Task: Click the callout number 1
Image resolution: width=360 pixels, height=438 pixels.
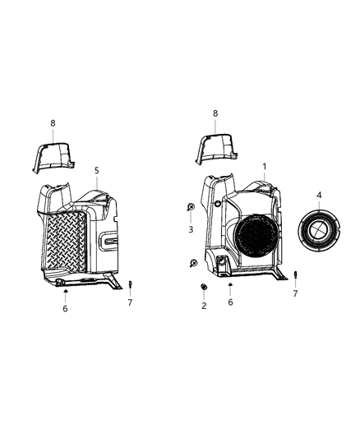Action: click(264, 166)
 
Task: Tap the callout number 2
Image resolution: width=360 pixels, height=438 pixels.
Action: click(203, 306)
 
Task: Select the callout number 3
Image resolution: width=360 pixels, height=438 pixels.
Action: click(190, 230)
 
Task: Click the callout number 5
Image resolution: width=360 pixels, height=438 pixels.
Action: click(96, 170)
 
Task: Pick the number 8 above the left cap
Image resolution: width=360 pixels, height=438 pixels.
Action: click(53, 123)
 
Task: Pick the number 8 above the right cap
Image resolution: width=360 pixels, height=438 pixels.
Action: click(215, 113)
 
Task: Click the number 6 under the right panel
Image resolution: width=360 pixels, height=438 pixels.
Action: click(230, 302)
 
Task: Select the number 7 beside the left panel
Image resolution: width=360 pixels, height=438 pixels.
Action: click(129, 302)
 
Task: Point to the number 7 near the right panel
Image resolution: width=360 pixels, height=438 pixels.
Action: click(295, 293)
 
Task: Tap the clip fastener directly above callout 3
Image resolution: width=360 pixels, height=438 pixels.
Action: click(190, 207)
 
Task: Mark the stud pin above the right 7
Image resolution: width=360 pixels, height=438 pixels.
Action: click(295, 275)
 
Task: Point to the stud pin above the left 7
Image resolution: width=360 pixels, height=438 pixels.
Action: click(129, 284)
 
